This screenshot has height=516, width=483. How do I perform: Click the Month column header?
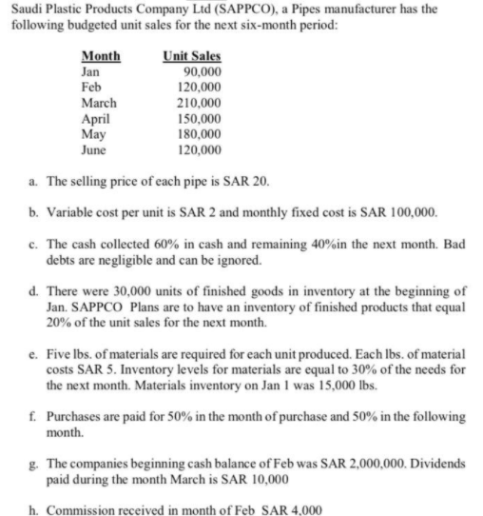tap(101, 56)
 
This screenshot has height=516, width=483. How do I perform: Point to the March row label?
tap(100, 103)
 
